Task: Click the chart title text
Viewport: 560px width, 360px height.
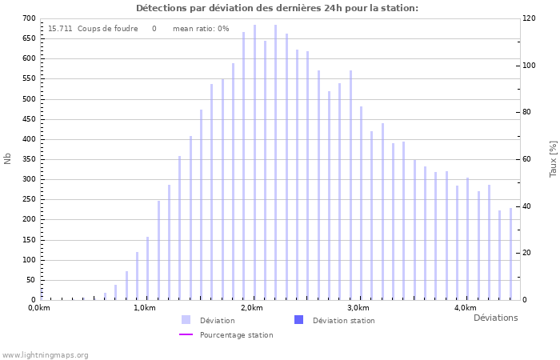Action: [x=277, y=8]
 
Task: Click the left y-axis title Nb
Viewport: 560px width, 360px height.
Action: [x=8, y=158]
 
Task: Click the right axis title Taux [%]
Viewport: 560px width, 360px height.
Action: [x=553, y=158]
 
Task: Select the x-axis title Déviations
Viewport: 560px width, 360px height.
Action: [x=495, y=318]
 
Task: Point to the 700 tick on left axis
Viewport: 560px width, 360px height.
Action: [x=29, y=18]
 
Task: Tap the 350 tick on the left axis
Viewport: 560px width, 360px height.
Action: [x=29, y=159]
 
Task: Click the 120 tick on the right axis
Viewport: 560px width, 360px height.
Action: [x=529, y=18]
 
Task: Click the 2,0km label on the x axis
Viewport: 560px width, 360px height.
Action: [x=251, y=308]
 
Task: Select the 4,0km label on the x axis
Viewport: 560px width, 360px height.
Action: [x=465, y=308]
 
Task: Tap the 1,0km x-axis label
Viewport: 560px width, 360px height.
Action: [x=144, y=308]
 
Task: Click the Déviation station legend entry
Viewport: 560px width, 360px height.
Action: [x=343, y=321]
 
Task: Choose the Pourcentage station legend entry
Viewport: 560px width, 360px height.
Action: [x=236, y=335]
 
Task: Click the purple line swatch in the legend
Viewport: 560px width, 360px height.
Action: [x=186, y=335]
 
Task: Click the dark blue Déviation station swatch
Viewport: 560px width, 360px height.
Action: [x=298, y=320]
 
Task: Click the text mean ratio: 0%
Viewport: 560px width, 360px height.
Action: [x=201, y=29]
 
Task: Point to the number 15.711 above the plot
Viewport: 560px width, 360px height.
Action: [x=60, y=29]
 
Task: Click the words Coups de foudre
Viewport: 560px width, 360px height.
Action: [x=107, y=29]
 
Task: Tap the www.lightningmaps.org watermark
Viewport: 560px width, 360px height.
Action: [x=45, y=355]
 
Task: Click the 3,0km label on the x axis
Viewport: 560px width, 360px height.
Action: [x=358, y=308]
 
